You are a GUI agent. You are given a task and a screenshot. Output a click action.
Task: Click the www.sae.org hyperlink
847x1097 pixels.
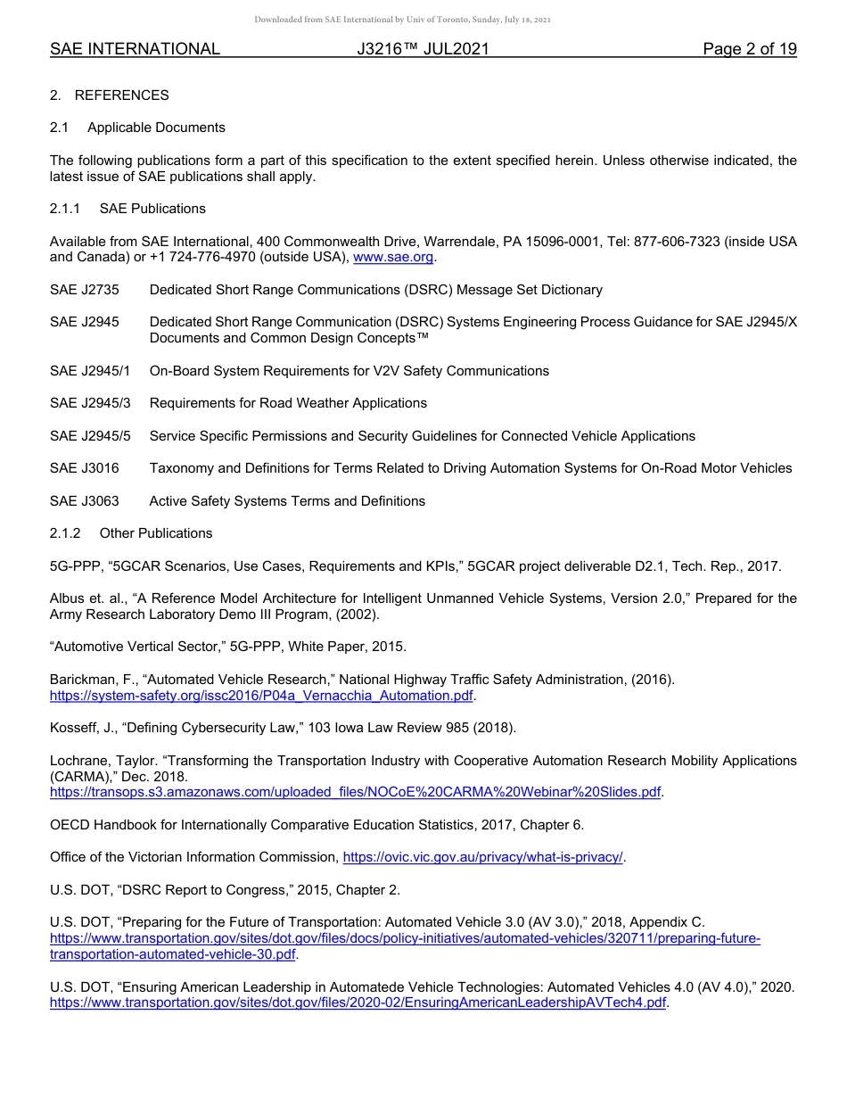coord(393,258)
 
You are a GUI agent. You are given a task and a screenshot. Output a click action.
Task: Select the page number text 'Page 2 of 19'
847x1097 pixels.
coord(749,50)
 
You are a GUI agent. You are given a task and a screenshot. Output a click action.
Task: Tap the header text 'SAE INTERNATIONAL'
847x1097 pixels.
coord(135,50)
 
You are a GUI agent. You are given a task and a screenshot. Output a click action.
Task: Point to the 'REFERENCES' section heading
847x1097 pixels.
coord(121,95)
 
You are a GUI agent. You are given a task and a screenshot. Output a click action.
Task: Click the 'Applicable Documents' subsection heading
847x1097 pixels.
coord(156,128)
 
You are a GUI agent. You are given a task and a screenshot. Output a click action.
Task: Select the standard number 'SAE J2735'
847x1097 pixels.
coord(85,290)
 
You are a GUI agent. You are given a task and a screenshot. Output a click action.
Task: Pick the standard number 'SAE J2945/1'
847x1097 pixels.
coord(90,371)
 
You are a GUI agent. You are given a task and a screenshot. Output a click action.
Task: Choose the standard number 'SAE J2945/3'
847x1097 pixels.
coord(90,403)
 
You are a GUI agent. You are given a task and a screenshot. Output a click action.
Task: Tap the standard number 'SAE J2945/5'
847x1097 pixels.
coord(90,436)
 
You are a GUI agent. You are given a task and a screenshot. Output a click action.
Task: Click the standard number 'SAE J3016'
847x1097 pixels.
coord(85,468)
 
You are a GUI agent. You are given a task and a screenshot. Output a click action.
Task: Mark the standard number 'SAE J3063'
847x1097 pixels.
coord(85,501)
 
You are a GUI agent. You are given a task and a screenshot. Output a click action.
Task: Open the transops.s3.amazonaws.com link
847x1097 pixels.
coord(356,792)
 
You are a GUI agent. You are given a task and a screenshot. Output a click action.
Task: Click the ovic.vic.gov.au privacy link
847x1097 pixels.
coord(482,857)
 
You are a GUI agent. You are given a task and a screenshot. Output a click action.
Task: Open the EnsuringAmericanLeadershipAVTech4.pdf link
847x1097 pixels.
coord(358,1002)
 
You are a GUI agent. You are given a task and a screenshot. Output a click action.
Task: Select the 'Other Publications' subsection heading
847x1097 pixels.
coord(156,533)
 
